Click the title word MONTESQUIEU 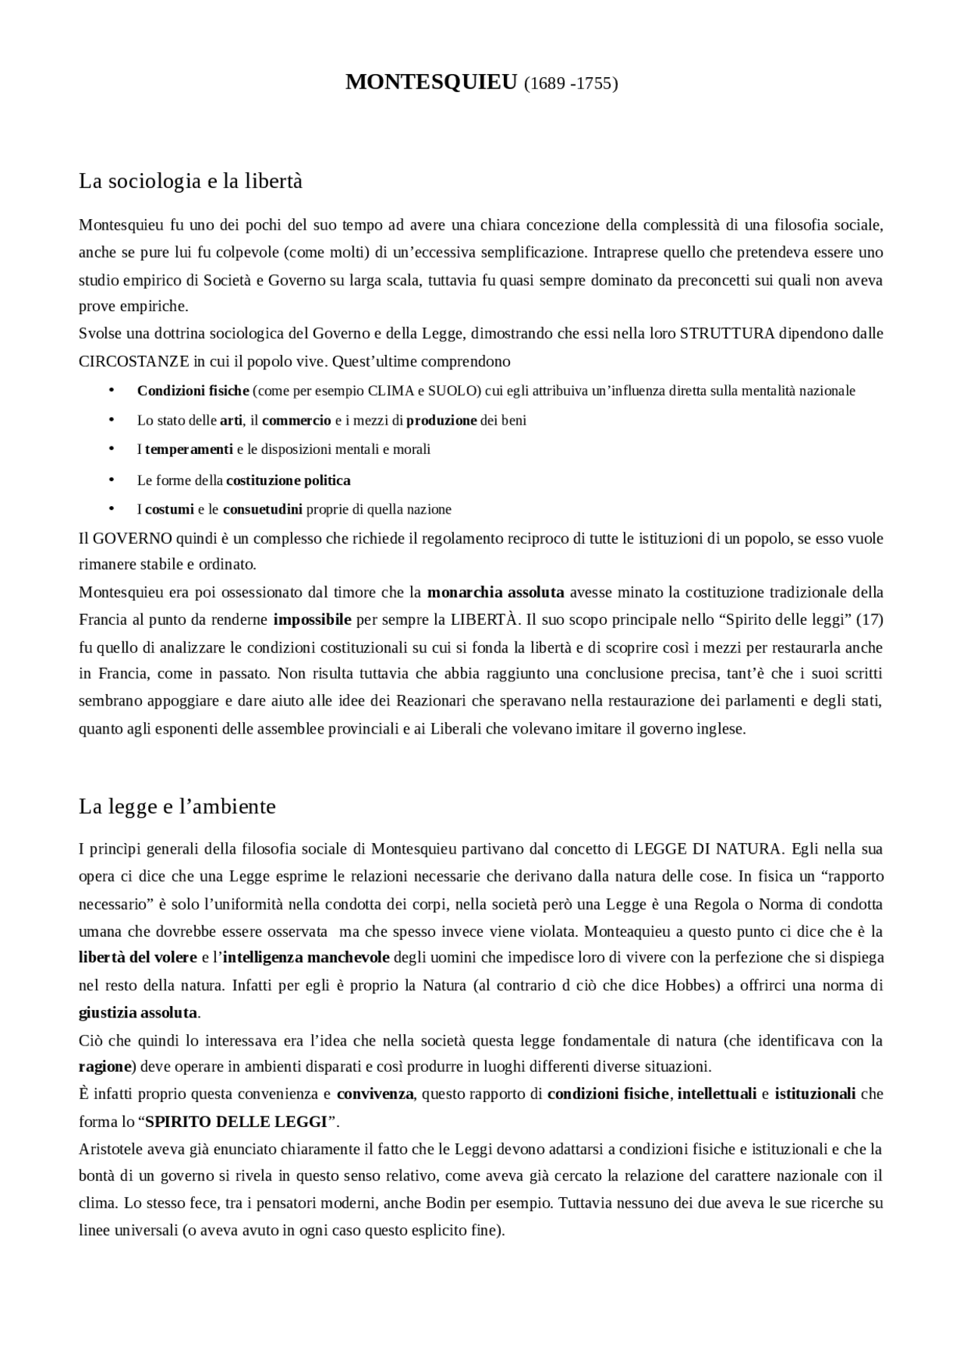tap(431, 82)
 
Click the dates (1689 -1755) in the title tap(570, 83)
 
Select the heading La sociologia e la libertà tap(190, 181)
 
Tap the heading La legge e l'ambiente tap(177, 806)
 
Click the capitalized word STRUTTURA tap(727, 334)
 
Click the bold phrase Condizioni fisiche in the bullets tap(193, 391)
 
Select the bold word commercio tap(296, 420)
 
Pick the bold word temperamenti tap(189, 449)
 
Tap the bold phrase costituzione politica tap(288, 480)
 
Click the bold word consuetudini tap(262, 509)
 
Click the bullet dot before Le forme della tap(111, 480)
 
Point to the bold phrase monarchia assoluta tap(496, 592)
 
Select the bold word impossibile tap(312, 620)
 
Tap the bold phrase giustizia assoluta tap(138, 1012)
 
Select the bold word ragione tap(105, 1067)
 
